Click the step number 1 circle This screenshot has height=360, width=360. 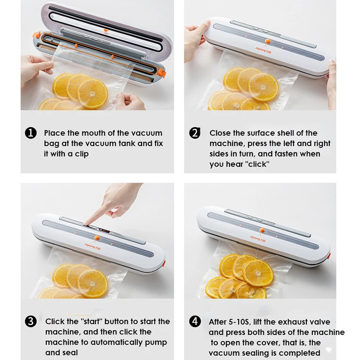[x=31, y=133]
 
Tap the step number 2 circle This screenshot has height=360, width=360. [x=195, y=133]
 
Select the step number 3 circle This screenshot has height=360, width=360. [x=31, y=321]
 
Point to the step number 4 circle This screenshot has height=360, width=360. [x=195, y=321]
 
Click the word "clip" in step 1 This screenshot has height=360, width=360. [x=81, y=154]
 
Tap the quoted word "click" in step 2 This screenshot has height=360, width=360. [x=258, y=164]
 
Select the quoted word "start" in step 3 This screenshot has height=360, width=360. [x=91, y=321]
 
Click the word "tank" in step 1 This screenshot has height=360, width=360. [x=128, y=144]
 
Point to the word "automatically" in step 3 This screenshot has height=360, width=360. [x=117, y=342]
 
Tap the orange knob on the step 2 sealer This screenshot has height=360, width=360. [x=267, y=41]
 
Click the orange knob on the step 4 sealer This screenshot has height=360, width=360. [x=262, y=230]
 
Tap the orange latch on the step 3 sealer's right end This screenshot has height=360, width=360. [x=164, y=263]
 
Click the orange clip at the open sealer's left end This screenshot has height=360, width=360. [x=36, y=35]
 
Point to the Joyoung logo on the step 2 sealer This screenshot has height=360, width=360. [x=264, y=50]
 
